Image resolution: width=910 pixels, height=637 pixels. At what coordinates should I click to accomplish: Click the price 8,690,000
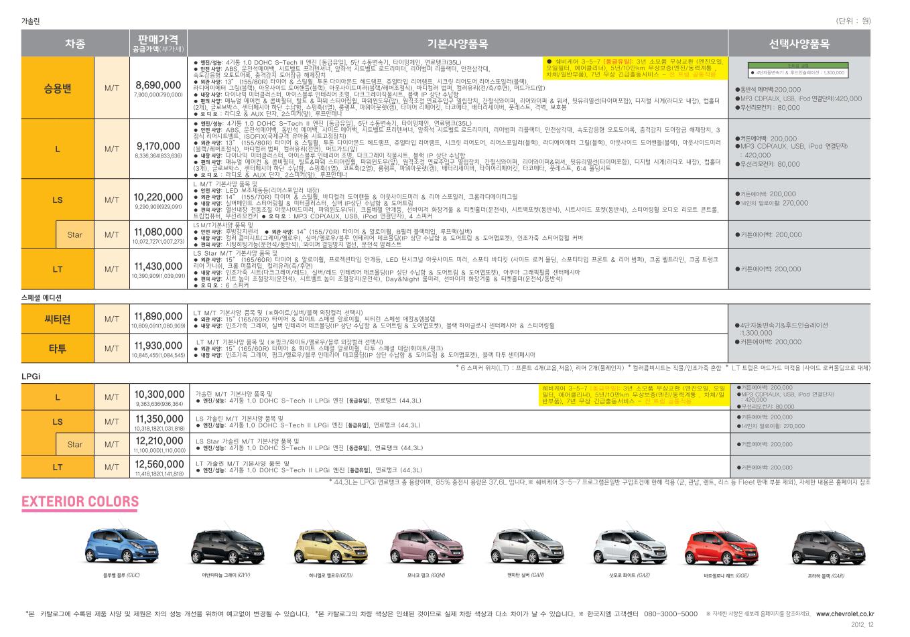click(157, 85)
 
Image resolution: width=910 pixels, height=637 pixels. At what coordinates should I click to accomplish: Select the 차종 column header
click(75, 44)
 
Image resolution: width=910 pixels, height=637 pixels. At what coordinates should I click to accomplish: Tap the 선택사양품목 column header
click(799, 44)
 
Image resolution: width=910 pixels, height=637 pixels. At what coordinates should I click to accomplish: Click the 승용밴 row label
click(58, 88)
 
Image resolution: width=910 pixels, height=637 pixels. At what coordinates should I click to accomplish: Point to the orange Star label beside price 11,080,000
click(75, 235)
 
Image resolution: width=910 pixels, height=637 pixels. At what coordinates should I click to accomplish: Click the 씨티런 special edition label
click(58, 320)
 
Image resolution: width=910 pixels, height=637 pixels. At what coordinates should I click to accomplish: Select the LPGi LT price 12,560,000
click(158, 464)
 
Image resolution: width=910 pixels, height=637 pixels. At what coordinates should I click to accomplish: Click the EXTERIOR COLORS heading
click(80, 502)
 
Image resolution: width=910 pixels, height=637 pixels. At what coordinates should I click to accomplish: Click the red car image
click(716, 547)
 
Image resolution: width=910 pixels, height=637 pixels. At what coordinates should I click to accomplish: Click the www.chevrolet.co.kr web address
click(845, 614)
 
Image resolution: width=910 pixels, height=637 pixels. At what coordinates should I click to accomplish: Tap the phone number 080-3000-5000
click(670, 614)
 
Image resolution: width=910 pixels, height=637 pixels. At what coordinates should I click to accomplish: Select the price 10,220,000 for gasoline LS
click(158, 197)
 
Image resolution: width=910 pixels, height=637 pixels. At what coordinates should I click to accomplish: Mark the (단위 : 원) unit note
click(853, 21)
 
